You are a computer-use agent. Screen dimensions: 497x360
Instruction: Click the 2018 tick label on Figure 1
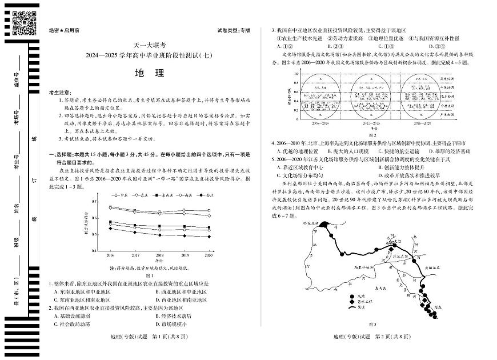click(x=160, y=255)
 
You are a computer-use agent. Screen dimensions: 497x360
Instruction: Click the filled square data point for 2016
click(x=110, y=222)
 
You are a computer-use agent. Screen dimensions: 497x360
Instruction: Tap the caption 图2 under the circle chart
click(x=371, y=135)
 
